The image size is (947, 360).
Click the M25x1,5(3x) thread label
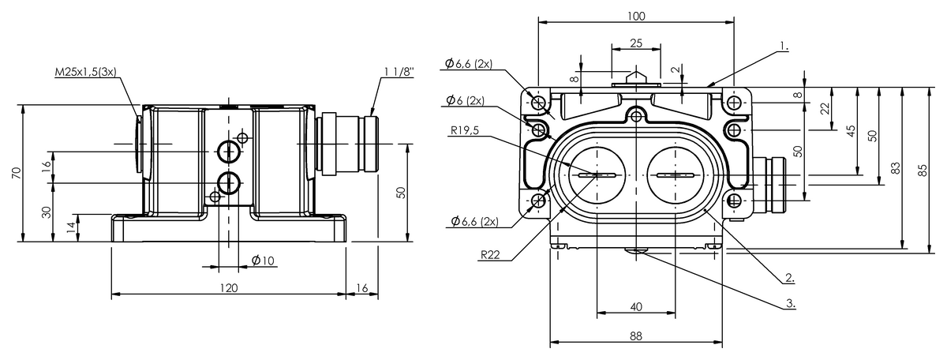pos(85,72)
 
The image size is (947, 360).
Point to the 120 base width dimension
pos(228,288)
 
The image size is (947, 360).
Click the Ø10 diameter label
pos(263,260)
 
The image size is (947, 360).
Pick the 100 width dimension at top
pos(636,16)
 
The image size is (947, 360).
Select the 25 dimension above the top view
pos(636,43)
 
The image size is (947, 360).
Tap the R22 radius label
pos(488,255)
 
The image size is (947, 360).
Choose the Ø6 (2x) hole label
pos(465,100)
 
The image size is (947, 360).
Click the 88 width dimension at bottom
pos(636,336)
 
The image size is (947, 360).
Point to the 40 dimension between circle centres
pos(636,306)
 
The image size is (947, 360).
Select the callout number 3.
pos(790,302)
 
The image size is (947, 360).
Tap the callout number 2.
pos(789,278)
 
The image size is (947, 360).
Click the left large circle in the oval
pos(597,175)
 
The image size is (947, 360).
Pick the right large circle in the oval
pos(676,175)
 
